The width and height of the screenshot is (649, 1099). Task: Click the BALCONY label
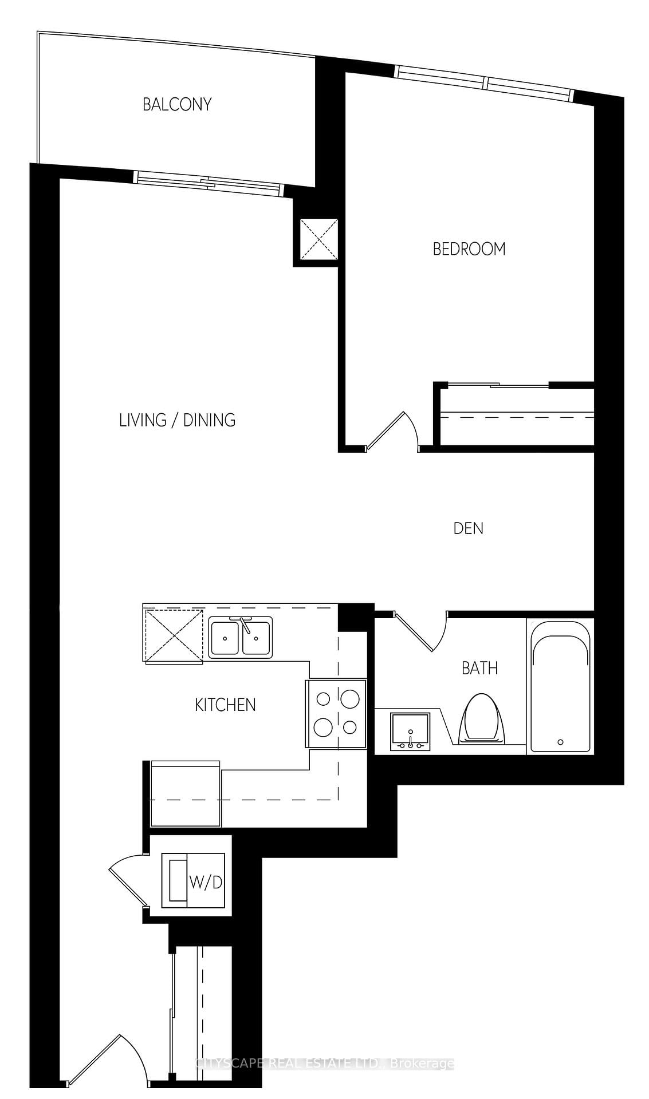(177, 104)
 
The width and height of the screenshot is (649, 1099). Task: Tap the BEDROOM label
(469, 249)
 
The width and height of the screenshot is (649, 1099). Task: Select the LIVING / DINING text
(177, 420)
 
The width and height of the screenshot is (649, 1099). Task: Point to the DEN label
(468, 528)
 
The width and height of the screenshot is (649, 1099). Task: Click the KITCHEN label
(225, 705)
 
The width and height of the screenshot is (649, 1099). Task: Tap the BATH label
(479, 668)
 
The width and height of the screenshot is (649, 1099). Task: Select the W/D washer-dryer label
(206, 882)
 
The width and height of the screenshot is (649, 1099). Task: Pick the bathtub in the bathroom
(560, 686)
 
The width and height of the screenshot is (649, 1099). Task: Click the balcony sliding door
(209, 181)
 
